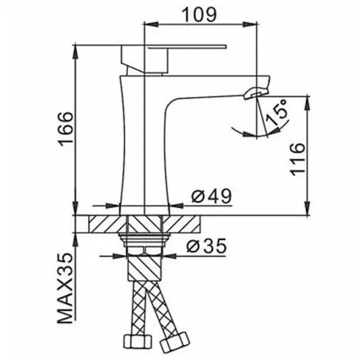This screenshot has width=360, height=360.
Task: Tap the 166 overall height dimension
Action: tap(66, 129)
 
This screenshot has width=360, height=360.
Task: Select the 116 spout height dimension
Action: tap(298, 160)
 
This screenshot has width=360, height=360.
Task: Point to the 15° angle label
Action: tap(277, 113)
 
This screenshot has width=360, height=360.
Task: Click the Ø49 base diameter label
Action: tap(212, 196)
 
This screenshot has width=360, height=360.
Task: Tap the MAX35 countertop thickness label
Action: tap(65, 288)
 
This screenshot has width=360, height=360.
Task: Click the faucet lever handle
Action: tap(173, 59)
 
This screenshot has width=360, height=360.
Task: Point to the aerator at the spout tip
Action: tap(256, 92)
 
